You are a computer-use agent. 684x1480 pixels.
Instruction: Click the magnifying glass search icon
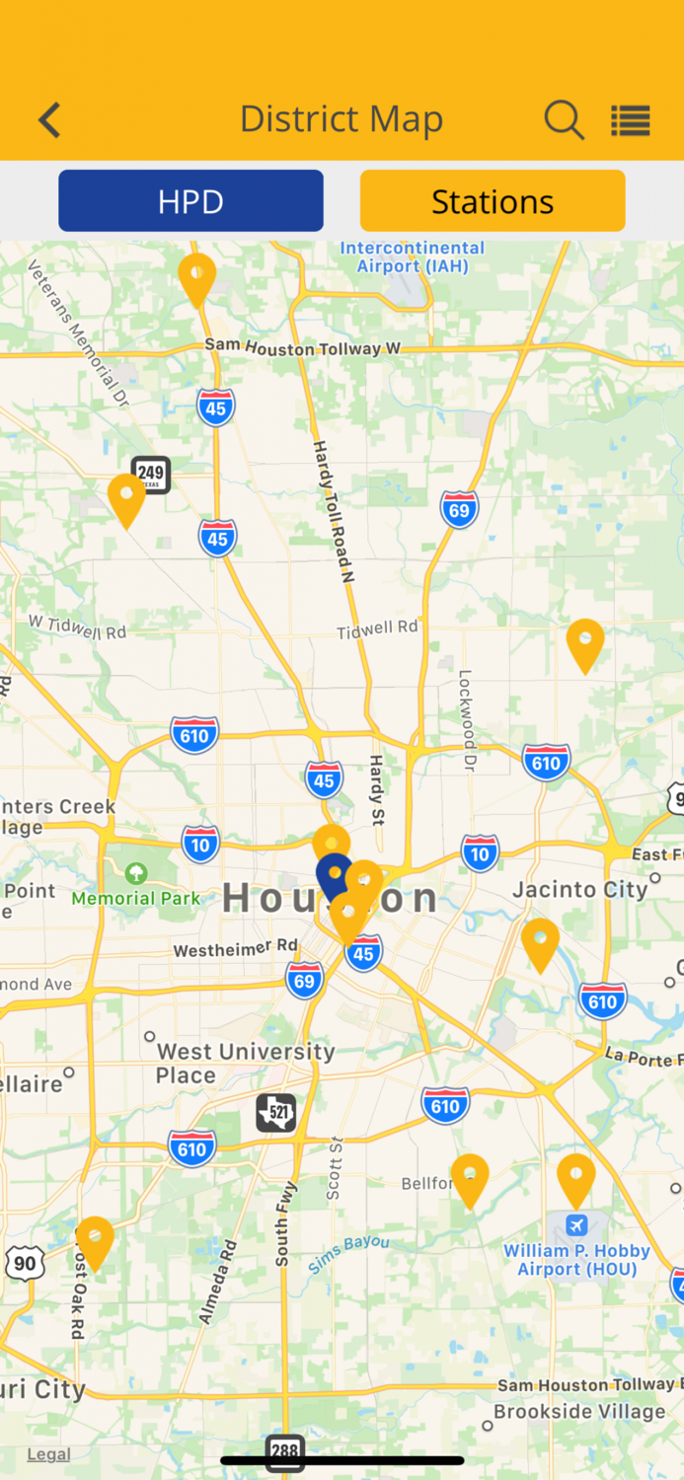click(564, 120)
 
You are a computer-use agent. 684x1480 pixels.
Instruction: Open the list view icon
click(630, 120)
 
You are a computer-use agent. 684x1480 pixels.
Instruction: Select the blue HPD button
click(190, 201)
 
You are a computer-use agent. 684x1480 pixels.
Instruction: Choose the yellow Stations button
click(492, 201)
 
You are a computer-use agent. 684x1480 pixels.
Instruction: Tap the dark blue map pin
click(333, 874)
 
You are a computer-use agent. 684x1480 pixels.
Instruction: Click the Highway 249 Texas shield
click(151, 475)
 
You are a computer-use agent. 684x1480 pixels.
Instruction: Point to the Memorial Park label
click(135, 898)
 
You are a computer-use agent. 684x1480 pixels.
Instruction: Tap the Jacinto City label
click(580, 890)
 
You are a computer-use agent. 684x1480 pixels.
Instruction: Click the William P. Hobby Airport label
click(577, 1260)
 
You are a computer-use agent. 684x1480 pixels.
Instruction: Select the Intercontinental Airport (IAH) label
click(412, 258)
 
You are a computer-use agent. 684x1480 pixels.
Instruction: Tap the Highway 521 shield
click(275, 1113)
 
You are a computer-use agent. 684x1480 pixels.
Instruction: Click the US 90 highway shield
click(25, 1263)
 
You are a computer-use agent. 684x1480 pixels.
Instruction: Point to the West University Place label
click(245, 1064)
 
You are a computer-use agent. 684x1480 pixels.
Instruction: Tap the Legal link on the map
click(48, 1454)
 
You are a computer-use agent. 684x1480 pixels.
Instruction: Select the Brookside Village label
click(579, 1412)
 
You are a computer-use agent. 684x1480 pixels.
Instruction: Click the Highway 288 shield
click(284, 1451)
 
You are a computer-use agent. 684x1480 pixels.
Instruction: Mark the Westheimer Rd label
click(235, 949)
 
